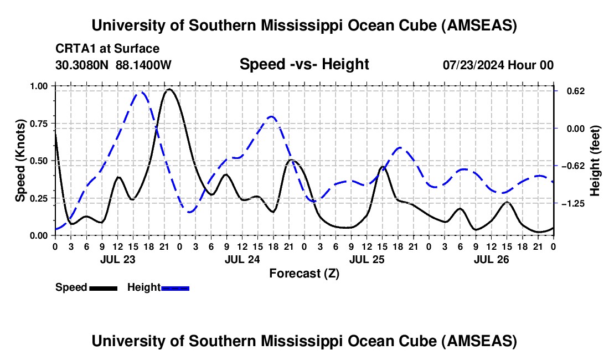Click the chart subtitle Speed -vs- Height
(x=304, y=64)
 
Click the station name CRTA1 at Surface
(x=107, y=49)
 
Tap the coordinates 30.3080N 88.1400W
(x=113, y=65)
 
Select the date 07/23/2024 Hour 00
(x=498, y=65)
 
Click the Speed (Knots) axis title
(x=20, y=161)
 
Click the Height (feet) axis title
(x=595, y=161)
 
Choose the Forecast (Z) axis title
(x=304, y=273)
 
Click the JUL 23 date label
(x=117, y=259)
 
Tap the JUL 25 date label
(x=367, y=259)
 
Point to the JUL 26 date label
(x=491, y=259)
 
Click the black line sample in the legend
(x=103, y=287)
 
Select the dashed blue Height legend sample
(x=175, y=287)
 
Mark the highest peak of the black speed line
(x=169, y=89)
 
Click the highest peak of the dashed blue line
(x=141, y=92)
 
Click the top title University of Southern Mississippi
(x=304, y=25)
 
